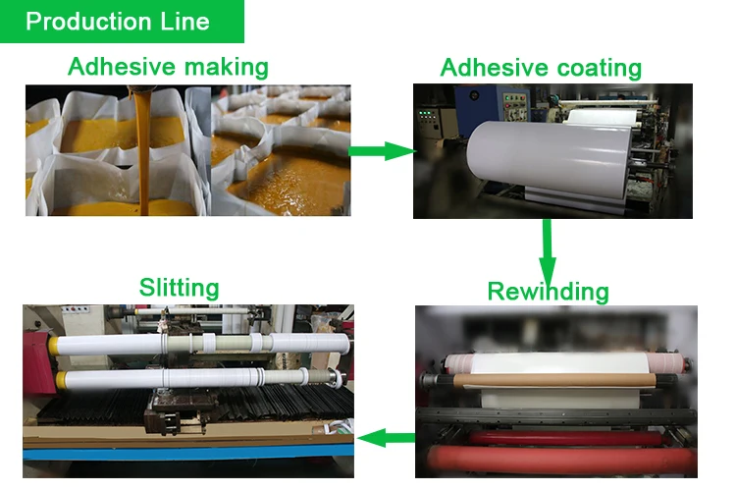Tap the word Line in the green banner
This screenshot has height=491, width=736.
[x=183, y=22]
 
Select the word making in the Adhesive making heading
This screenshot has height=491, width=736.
[x=222, y=67]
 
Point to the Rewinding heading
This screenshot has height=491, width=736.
[x=548, y=292]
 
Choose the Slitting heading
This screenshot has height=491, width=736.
[x=179, y=287]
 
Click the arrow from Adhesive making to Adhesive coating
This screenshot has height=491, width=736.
[x=383, y=150]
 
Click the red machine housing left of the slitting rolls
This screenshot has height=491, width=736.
[x=35, y=363]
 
